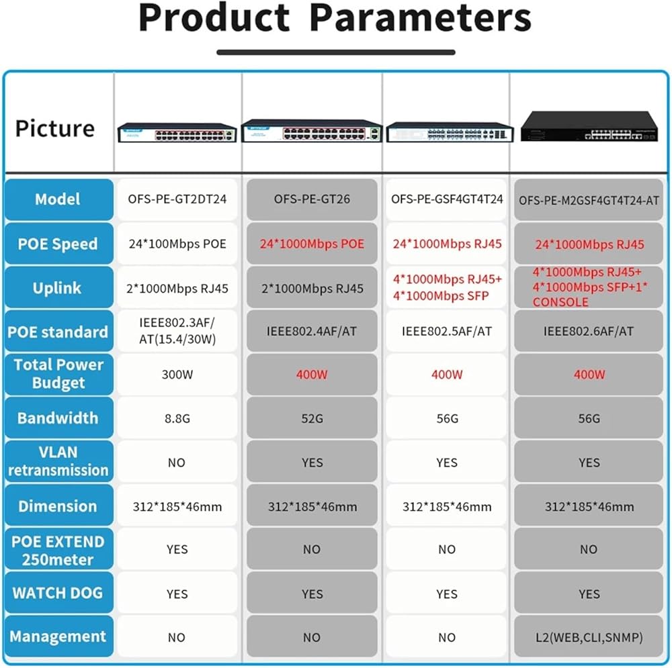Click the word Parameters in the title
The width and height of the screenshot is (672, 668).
(420, 19)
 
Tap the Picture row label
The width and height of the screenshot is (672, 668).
(55, 128)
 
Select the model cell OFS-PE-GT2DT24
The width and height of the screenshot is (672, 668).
(177, 199)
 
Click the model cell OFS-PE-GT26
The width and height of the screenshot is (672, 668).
(312, 199)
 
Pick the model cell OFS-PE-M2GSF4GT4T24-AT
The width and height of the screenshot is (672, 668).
(589, 199)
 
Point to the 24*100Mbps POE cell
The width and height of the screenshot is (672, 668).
(177, 244)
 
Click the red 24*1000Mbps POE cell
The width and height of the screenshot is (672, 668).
(312, 244)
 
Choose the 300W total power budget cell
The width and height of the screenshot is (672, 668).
(177, 375)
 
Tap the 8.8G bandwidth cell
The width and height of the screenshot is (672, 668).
(177, 418)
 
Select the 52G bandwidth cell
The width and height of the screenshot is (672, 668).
(312, 418)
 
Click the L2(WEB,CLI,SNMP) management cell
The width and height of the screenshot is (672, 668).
(589, 637)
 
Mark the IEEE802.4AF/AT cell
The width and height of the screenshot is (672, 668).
(312, 331)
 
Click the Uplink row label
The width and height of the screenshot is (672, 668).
(57, 288)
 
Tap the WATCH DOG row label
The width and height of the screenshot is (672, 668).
(57, 593)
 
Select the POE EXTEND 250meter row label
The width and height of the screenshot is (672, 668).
(57, 550)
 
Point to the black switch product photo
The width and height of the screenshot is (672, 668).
(589, 127)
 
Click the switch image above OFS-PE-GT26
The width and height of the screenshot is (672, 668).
(312, 130)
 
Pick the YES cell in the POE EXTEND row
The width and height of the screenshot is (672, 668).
(177, 549)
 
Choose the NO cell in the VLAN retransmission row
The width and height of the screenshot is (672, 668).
(177, 462)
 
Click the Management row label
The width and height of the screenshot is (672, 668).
(57, 636)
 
